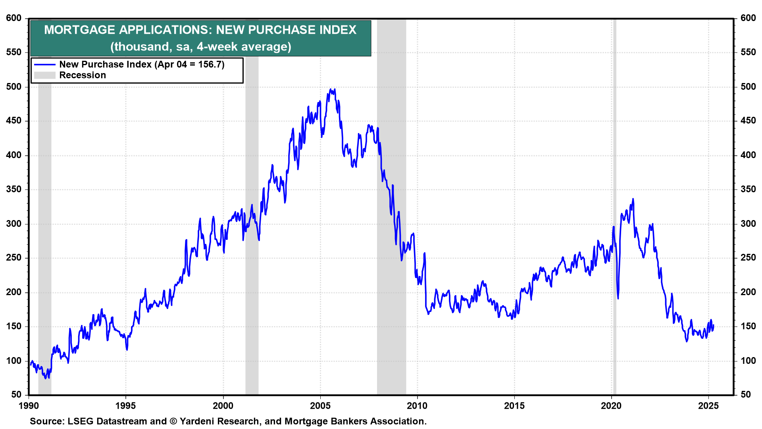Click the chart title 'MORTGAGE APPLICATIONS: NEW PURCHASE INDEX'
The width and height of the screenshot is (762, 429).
click(x=200, y=30)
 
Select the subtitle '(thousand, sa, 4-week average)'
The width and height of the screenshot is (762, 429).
click(x=200, y=47)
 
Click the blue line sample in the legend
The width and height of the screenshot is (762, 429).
click(x=44, y=64)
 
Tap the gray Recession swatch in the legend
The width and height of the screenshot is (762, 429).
click(x=44, y=75)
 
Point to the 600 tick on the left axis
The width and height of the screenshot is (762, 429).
click(x=13, y=18)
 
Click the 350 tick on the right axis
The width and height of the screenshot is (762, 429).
click(x=748, y=189)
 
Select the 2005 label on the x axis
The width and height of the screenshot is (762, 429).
click(x=320, y=406)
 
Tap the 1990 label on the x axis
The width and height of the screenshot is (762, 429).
click(x=29, y=406)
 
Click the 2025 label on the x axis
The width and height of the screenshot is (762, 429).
click(x=708, y=406)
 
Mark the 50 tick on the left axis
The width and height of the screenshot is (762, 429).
click(x=16, y=394)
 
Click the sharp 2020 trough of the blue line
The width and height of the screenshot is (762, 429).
click(x=618, y=298)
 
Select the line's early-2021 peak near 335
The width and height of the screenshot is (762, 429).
click(x=633, y=199)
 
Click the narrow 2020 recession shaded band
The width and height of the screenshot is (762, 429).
click(x=614, y=159)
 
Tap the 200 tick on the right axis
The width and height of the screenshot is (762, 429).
click(x=748, y=292)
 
